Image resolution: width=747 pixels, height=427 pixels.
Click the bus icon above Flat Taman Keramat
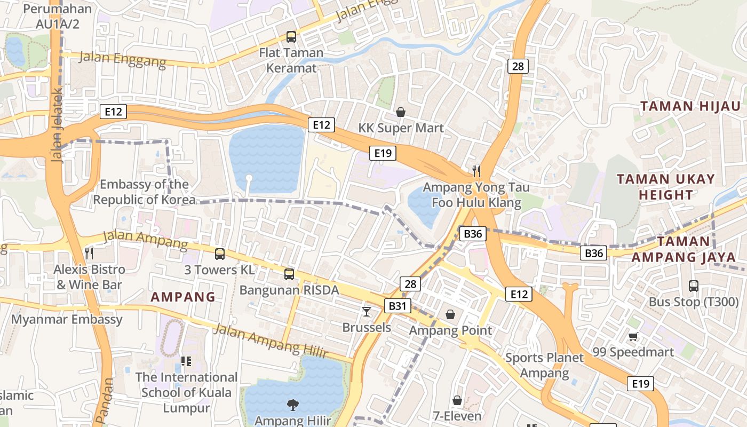[291, 37]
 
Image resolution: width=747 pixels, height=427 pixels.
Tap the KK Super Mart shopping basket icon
[401, 112]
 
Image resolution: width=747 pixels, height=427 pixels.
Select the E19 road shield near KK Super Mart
[383, 154]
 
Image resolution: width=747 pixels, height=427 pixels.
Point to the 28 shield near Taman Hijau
[518, 66]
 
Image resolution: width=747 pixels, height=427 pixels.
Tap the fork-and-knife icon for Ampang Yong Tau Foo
[476, 171]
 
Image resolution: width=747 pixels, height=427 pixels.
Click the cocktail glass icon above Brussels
[367, 311]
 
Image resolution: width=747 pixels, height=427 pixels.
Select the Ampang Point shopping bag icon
[450, 314]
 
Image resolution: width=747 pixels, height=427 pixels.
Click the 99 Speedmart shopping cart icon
[633, 336]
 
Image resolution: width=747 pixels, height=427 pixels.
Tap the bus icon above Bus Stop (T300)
[693, 286]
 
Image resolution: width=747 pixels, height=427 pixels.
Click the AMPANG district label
[183, 297]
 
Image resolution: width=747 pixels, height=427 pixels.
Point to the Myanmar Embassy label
[67, 319]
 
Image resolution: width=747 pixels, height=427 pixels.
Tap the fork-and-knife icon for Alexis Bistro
[89, 253]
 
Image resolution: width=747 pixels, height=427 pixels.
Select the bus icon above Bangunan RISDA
[289, 274]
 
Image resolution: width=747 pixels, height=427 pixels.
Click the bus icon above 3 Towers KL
[219, 254]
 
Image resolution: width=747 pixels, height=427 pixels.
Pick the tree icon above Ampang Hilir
[292, 405]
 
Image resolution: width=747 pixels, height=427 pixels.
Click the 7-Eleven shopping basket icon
[457, 400]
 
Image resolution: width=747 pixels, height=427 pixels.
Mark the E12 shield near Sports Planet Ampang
[519, 294]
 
